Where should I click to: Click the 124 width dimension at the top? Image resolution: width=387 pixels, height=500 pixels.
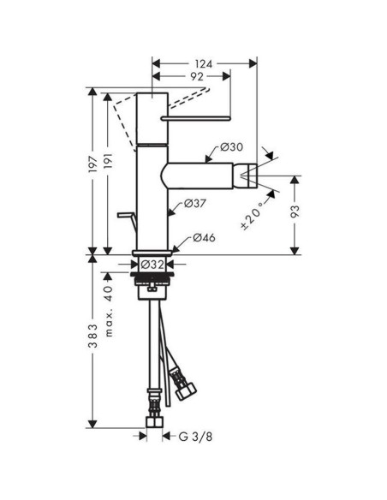pyautogui.click(x=202, y=64)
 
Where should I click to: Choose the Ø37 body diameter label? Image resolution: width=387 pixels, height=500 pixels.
pyautogui.click(x=193, y=204)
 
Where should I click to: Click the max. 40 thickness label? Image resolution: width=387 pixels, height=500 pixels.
pyautogui.click(x=108, y=313)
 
